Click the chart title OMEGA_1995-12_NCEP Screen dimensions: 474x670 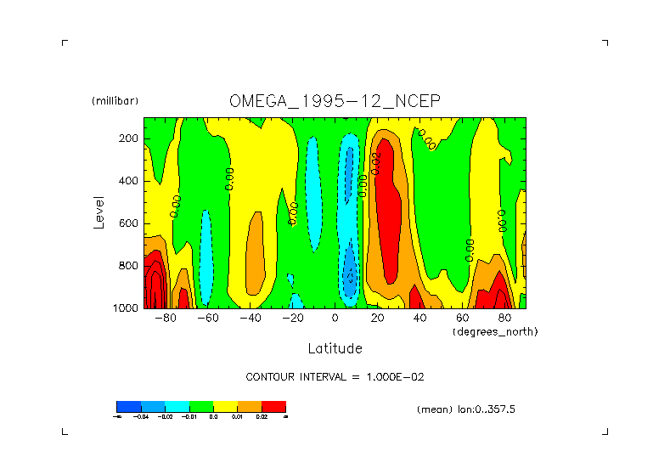(x=335, y=100)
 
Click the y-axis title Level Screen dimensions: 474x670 (x=99, y=212)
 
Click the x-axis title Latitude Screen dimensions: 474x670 (x=335, y=348)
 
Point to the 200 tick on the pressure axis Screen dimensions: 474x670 (x=129, y=138)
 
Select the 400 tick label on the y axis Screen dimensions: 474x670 (x=129, y=181)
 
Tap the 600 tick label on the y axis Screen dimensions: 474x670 (x=129, y=223)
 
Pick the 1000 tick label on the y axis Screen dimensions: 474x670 (x=127, y=308)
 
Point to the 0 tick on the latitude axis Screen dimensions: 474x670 (x=335, y=319)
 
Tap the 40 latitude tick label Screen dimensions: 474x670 (x=419, y=319)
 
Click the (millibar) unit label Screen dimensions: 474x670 (x=115, y=101)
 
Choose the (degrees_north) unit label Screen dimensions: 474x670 (x=495, y=331)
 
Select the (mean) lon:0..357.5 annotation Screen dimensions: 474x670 (x=466, y=409)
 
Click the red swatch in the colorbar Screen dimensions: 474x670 (x=274, y=406)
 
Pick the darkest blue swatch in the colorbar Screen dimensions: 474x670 (x=128, y=406)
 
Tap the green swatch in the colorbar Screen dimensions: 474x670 (x=201, y=406)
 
